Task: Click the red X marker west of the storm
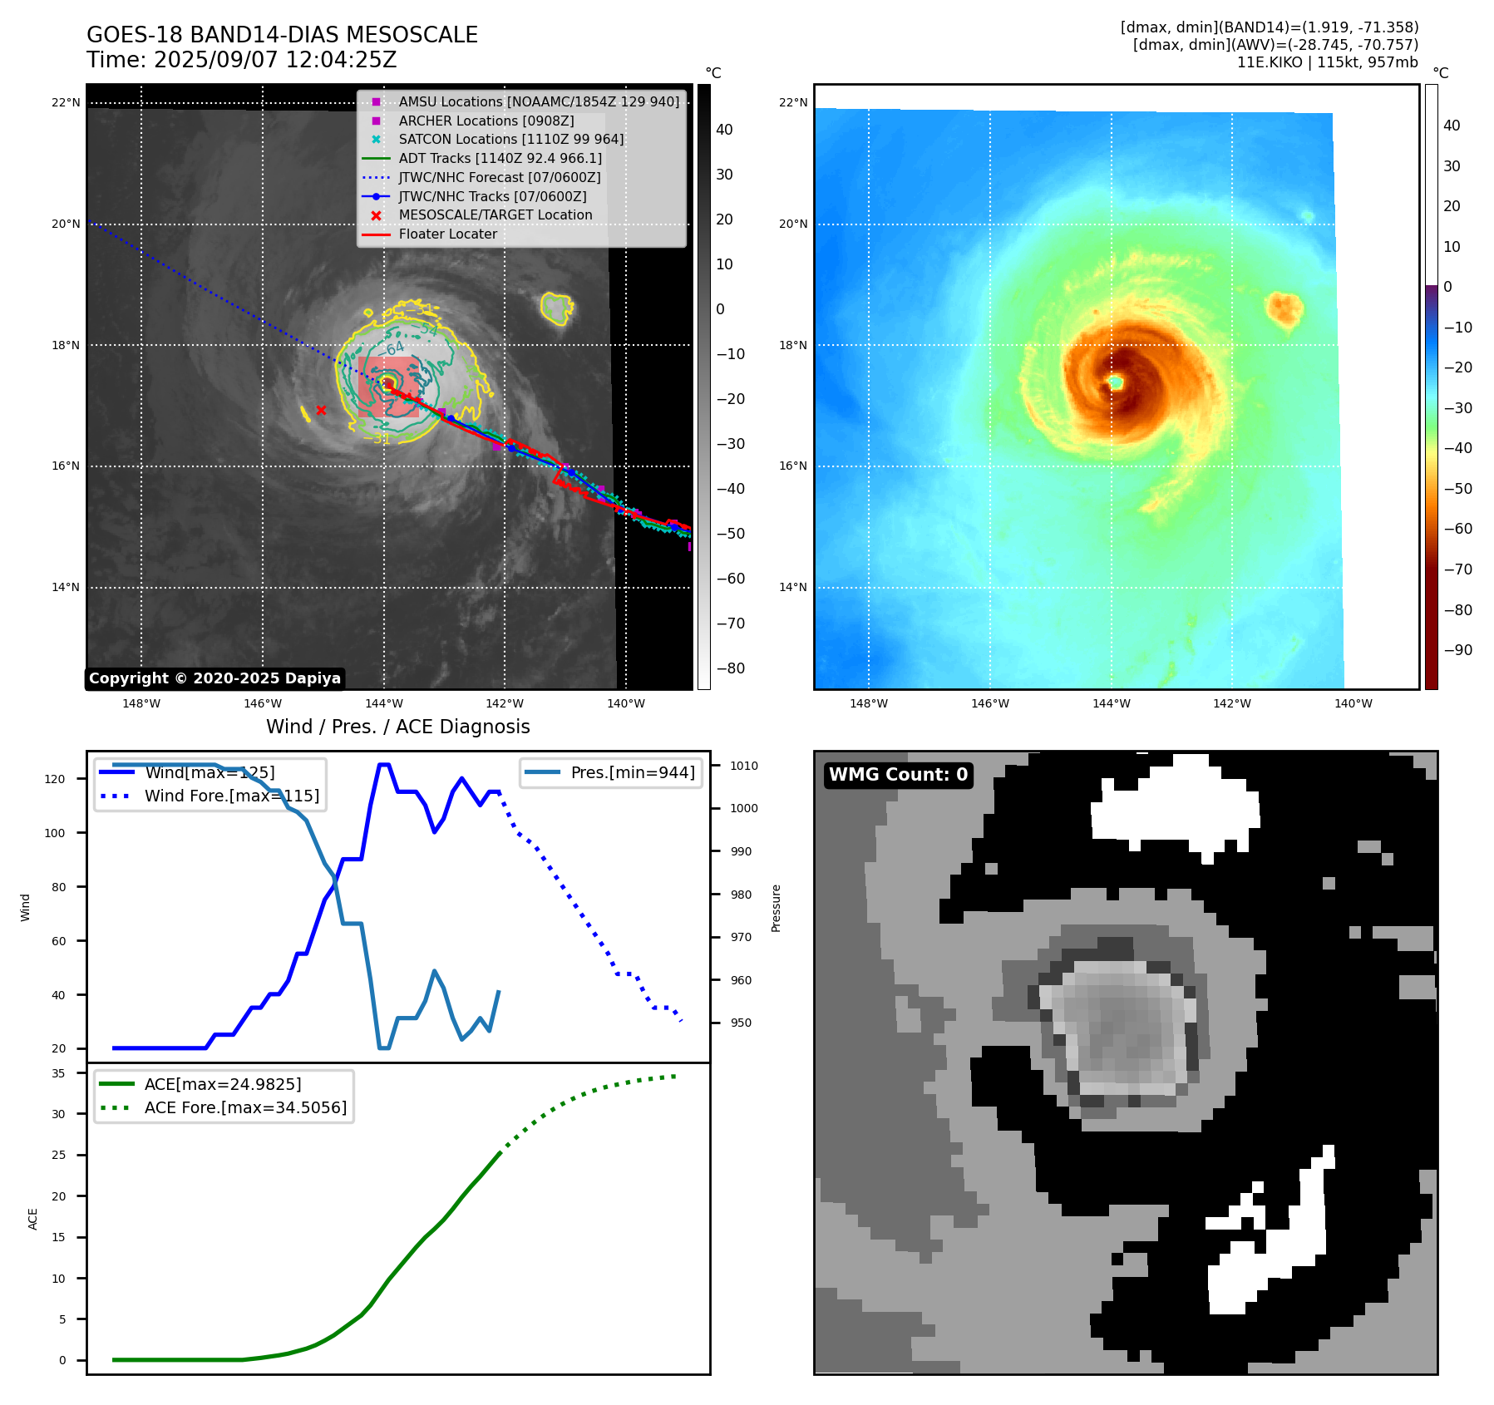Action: pos(321,410)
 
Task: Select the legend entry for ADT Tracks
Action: pos(500,158)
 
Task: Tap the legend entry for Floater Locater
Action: pos(447,234)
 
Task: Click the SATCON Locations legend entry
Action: pos(510,139)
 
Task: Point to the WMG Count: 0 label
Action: pos(898,775)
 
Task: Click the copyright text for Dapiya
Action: pos(214,678)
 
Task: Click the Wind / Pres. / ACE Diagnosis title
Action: pos(397,727)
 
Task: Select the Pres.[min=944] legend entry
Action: pos(632,772)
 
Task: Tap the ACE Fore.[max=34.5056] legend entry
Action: pos(245,1107)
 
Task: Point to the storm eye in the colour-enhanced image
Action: pos(1116,382)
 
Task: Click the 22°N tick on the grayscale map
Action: pos(67,103)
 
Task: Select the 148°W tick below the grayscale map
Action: pos(141,703)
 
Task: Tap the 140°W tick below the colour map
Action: pos(1353,703)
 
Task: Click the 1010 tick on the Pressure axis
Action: pos(744,766)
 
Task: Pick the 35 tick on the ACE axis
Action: pos(58,1073)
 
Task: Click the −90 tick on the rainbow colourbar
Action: pos(1457,650)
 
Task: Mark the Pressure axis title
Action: pos(776,908)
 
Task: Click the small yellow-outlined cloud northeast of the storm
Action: pos(556,308)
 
